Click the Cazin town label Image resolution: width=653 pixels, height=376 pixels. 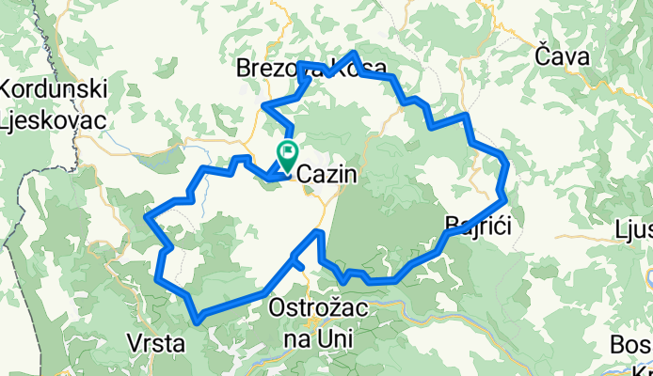325,175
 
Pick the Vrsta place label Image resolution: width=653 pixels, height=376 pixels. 155,343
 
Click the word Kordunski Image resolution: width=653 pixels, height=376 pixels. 55,90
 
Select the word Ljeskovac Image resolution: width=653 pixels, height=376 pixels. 54,119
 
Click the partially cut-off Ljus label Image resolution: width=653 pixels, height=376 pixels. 632,230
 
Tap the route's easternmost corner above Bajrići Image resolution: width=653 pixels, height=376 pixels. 506,197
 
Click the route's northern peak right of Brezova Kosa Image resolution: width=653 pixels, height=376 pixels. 353,54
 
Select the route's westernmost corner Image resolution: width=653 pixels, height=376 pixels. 146,218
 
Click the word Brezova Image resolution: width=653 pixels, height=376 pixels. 275,68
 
